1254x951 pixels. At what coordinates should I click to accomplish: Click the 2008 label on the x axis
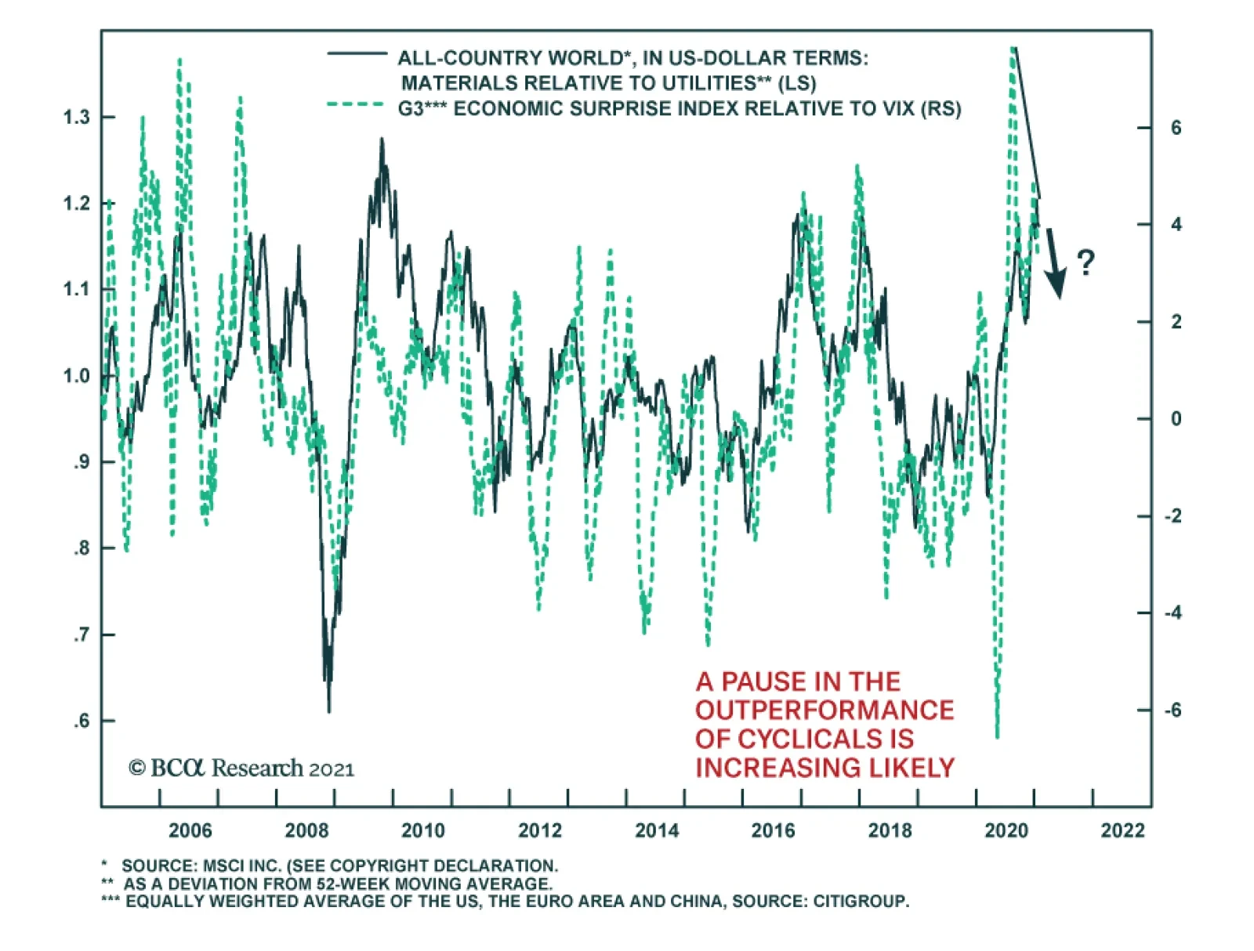tap(306, 830)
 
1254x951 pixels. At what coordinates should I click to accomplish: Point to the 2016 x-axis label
tap(773, 830)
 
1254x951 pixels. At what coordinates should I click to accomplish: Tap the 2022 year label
tap(1122, 830)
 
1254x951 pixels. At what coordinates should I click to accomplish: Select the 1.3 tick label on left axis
tap(77, 118)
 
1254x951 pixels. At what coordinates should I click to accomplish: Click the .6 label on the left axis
tap(82, 721)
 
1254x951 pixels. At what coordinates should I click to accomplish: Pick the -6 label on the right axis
tap(1172, 711)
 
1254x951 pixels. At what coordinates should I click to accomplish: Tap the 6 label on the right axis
tap(1176, 128)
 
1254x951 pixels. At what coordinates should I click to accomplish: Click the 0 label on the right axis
tap(1176, 419)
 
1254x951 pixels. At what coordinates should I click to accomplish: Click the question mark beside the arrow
tap(1085, 262)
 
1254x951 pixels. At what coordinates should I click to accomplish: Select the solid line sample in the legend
tap(357, 54)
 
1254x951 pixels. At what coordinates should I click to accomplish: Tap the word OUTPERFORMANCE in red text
tap(825, 710)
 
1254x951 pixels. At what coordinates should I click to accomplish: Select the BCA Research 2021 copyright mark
tap(241, 768)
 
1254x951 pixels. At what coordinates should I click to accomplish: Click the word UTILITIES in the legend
tap(709, 83)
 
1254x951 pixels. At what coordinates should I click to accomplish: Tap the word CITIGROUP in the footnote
tap(861, 901)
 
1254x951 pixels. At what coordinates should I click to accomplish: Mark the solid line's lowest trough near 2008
tap(329, 711)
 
